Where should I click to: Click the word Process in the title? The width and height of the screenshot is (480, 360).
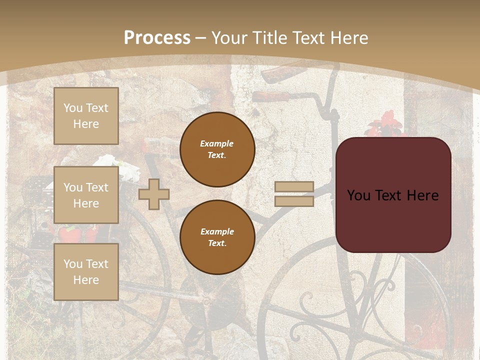(157, 38)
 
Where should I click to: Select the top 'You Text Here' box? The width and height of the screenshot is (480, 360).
(86, 116)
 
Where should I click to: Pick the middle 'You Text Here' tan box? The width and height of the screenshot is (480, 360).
(86, 195)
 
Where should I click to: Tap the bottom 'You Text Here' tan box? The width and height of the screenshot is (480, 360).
(86, 271)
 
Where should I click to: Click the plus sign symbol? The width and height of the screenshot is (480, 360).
(154, 194)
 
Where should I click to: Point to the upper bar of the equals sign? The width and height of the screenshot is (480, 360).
(294, 187)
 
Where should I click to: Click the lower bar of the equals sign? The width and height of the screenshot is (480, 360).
(294, 201)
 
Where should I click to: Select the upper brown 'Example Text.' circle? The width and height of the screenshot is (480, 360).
(217, 149)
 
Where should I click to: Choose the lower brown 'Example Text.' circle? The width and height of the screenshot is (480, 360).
(217, 237)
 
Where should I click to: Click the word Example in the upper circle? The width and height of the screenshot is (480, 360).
(217, 143)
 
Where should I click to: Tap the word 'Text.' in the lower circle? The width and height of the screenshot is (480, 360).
(217, 243)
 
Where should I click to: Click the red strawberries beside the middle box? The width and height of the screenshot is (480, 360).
(70, 233)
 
